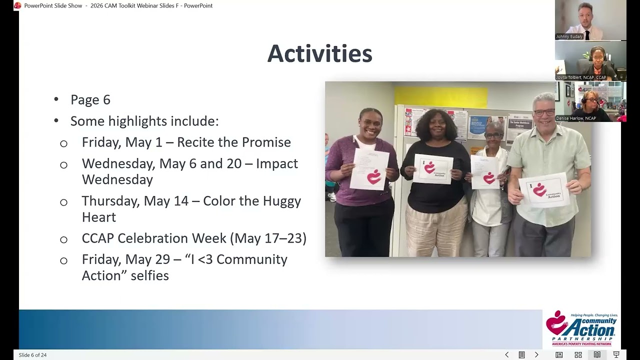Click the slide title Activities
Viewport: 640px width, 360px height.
coord(319,54)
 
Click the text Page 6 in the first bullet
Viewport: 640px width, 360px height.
coord(90,100)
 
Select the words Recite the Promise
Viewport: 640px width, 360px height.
coord(234,142)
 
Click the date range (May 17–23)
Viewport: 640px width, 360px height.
coord(268,238)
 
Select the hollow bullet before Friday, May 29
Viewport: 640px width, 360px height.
coord(63,260)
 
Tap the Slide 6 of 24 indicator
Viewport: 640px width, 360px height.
coord(33,355)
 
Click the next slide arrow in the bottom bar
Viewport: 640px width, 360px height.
coord(536,355)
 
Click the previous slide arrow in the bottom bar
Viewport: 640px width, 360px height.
coord(506,355)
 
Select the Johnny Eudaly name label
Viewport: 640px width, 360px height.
coord(569,36)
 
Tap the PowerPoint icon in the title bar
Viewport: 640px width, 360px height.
coord(17,5)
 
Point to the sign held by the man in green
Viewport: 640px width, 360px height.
coord(543,189)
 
